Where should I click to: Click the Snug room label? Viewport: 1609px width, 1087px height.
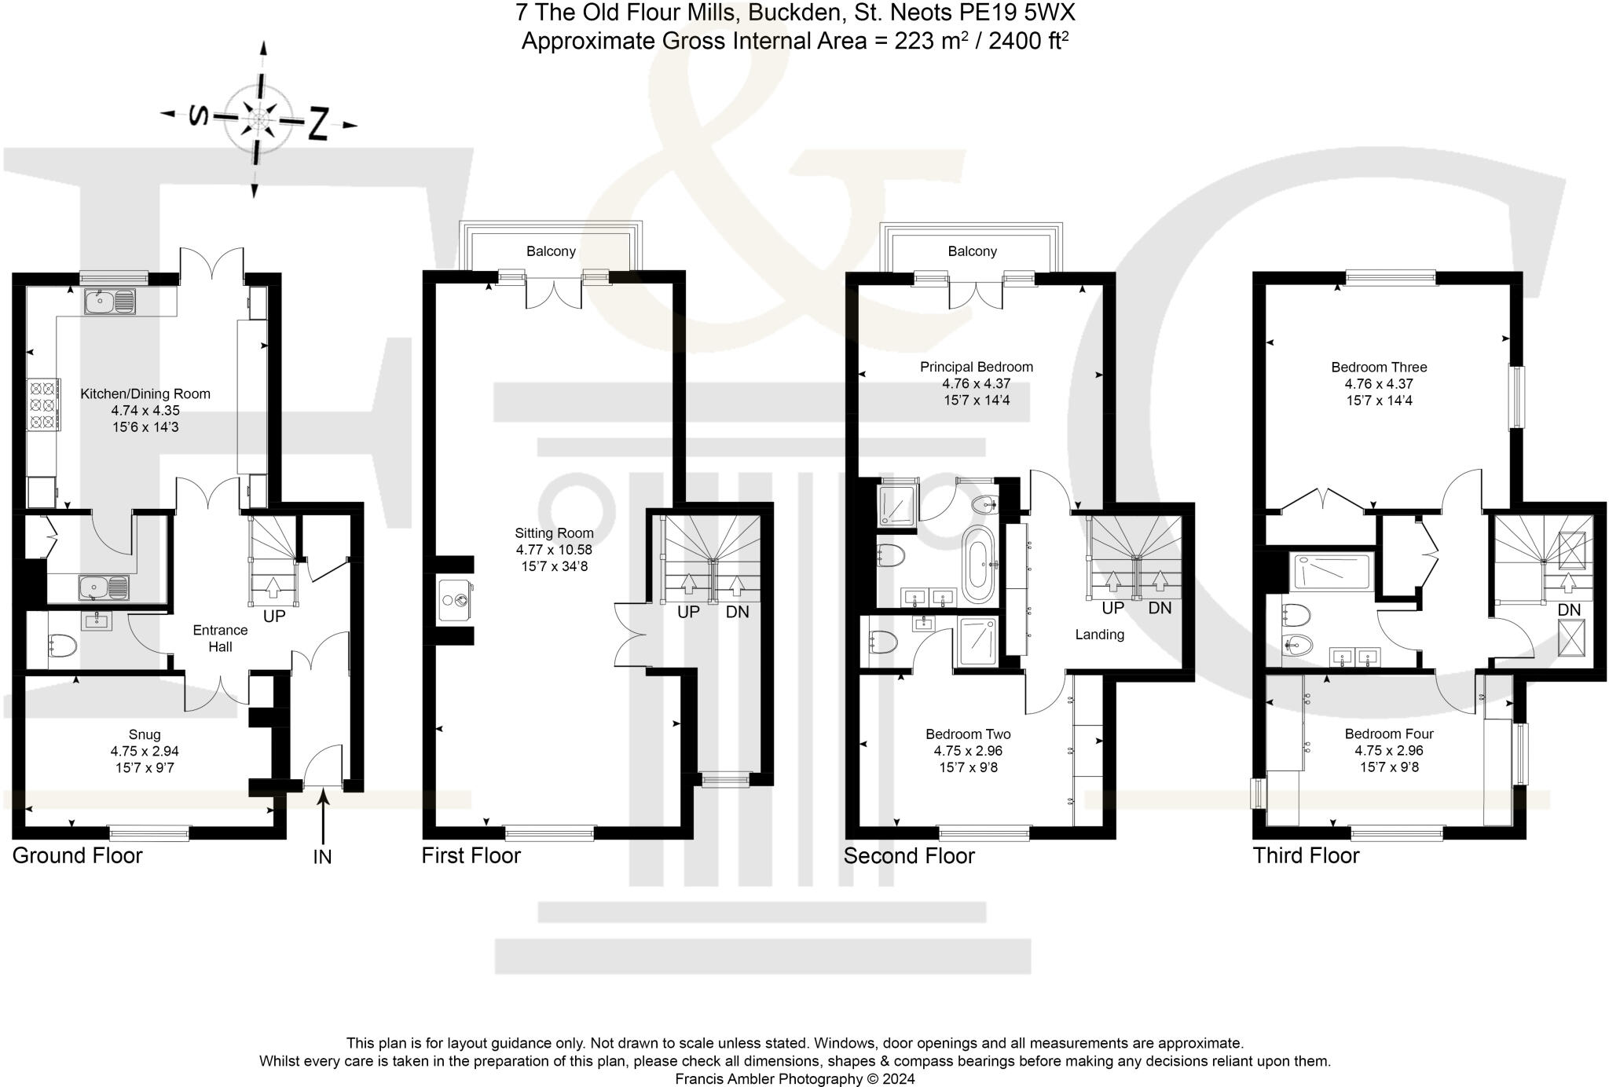coord(145,734)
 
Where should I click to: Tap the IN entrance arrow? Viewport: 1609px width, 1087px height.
coord(323,817)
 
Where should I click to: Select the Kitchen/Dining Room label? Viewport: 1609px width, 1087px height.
coord(145,393)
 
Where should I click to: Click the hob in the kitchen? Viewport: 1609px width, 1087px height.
coord(43,405)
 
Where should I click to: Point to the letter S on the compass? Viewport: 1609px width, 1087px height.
coord(199,116)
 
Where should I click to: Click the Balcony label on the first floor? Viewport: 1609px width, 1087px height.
coord(551,251)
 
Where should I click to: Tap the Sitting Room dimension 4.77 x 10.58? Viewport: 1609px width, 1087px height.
coord(554,550)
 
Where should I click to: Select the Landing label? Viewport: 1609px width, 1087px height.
coord(1099,635)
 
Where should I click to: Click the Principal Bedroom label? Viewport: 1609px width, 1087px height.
coord(976,367)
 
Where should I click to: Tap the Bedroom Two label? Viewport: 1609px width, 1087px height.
coord(968,734)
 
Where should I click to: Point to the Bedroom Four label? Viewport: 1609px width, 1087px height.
coord(1389,734)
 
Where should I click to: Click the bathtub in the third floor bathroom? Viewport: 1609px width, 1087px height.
coord(1332,572)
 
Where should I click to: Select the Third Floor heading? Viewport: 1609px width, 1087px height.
coord(1306,855)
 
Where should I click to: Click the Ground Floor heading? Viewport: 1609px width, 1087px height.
coord(77,855)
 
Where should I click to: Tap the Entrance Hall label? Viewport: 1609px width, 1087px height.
coord(220,639)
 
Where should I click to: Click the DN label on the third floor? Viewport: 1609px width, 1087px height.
coord(1569,610)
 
